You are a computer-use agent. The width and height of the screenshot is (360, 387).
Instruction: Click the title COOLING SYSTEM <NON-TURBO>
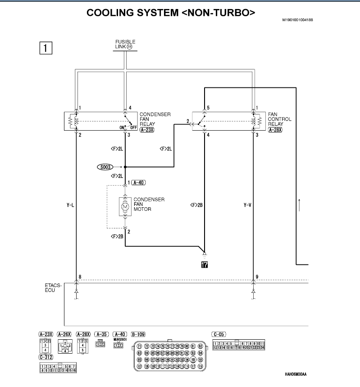point(171,13)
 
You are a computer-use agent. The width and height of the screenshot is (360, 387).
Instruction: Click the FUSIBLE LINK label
point(125,44)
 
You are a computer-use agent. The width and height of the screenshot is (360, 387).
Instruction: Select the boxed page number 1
point(46,47)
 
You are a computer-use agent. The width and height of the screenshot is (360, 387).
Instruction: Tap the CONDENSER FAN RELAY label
point(155,119)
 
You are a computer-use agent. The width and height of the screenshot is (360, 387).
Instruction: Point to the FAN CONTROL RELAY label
point(279,119)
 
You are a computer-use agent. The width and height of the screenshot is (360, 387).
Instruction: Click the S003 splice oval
point(106,167)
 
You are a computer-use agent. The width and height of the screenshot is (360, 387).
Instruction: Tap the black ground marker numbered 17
point(205,265)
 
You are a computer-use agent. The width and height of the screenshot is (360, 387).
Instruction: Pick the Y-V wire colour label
point(247,205)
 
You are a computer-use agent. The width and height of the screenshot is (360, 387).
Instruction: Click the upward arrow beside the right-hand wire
point(299,204)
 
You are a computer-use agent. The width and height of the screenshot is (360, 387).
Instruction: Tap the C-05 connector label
point(219,334)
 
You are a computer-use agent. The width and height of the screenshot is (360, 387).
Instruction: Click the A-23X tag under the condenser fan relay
point(147,130)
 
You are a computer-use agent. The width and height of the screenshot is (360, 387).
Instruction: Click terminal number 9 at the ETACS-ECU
point(257,277)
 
